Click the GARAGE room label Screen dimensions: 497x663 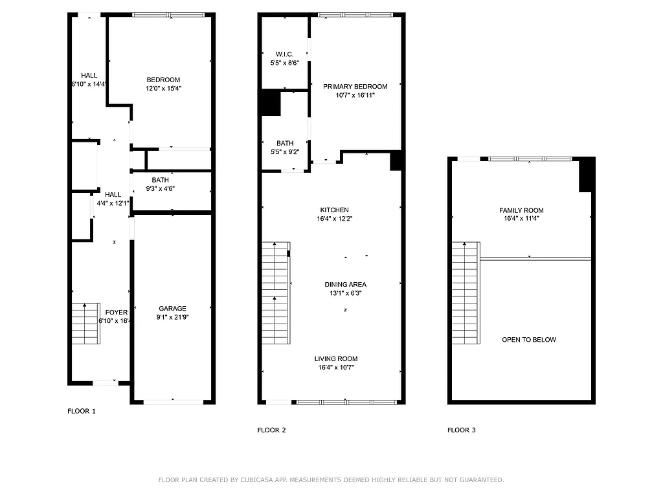(x=172, y=309)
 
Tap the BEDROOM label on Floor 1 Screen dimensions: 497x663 (x=163, y=80)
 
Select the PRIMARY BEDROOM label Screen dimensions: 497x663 (x=355, y=87)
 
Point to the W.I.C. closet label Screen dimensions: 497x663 (x=284, y=54)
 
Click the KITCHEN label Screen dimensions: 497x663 (x=334, y=210)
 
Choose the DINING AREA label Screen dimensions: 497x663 (x=345, y=284)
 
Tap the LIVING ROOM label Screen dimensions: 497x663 (x=335, y=359)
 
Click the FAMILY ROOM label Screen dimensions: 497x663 (x=521, y=210)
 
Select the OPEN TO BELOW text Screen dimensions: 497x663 (x=528, y=340)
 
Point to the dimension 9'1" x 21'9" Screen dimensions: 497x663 (x=172, y=318)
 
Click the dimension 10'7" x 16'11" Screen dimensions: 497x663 (x=355, y=95)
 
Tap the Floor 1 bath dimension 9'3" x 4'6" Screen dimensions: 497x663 (x=163, y=189)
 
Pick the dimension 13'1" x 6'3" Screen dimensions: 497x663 (x=345, y=293)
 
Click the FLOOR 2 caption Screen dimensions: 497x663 (x=271, y=430)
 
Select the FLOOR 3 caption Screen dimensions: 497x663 (x=462, y=430)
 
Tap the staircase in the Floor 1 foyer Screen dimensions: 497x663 (x=85, y=324)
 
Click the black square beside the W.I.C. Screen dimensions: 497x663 (x=270, y=103)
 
